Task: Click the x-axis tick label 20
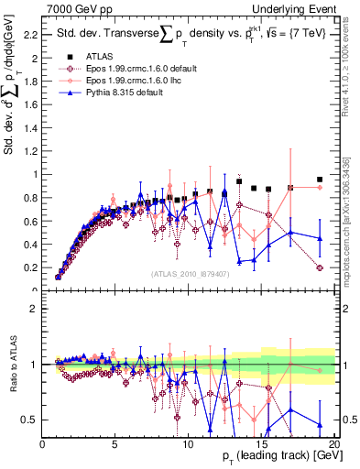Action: point(335,443)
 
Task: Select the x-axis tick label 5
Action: point(115,443)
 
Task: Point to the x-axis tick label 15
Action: point(262,443)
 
